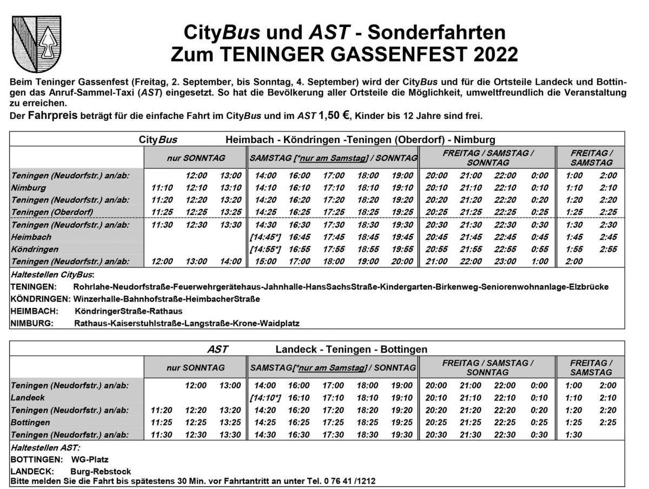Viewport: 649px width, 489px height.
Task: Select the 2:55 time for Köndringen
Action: [607, 249]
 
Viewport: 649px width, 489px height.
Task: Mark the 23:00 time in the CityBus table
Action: [504, 262]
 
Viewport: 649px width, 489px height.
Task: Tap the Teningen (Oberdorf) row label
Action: [52, 211]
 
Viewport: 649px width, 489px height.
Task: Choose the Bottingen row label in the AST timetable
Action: [30, 422]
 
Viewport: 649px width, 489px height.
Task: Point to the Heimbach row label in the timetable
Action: [31, 237]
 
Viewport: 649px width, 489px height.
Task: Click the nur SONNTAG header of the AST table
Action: [195, 367]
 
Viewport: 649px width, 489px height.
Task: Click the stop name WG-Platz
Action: [89, 459]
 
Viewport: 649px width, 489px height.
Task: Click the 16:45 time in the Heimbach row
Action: [299, 237]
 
